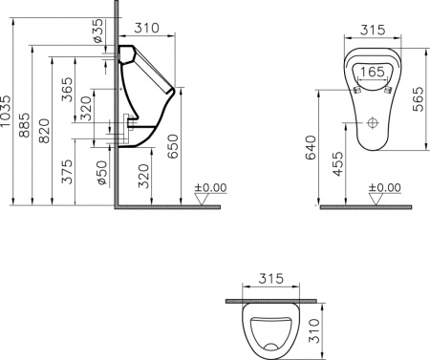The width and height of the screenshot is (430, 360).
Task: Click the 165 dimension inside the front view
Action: pos(373,72)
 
